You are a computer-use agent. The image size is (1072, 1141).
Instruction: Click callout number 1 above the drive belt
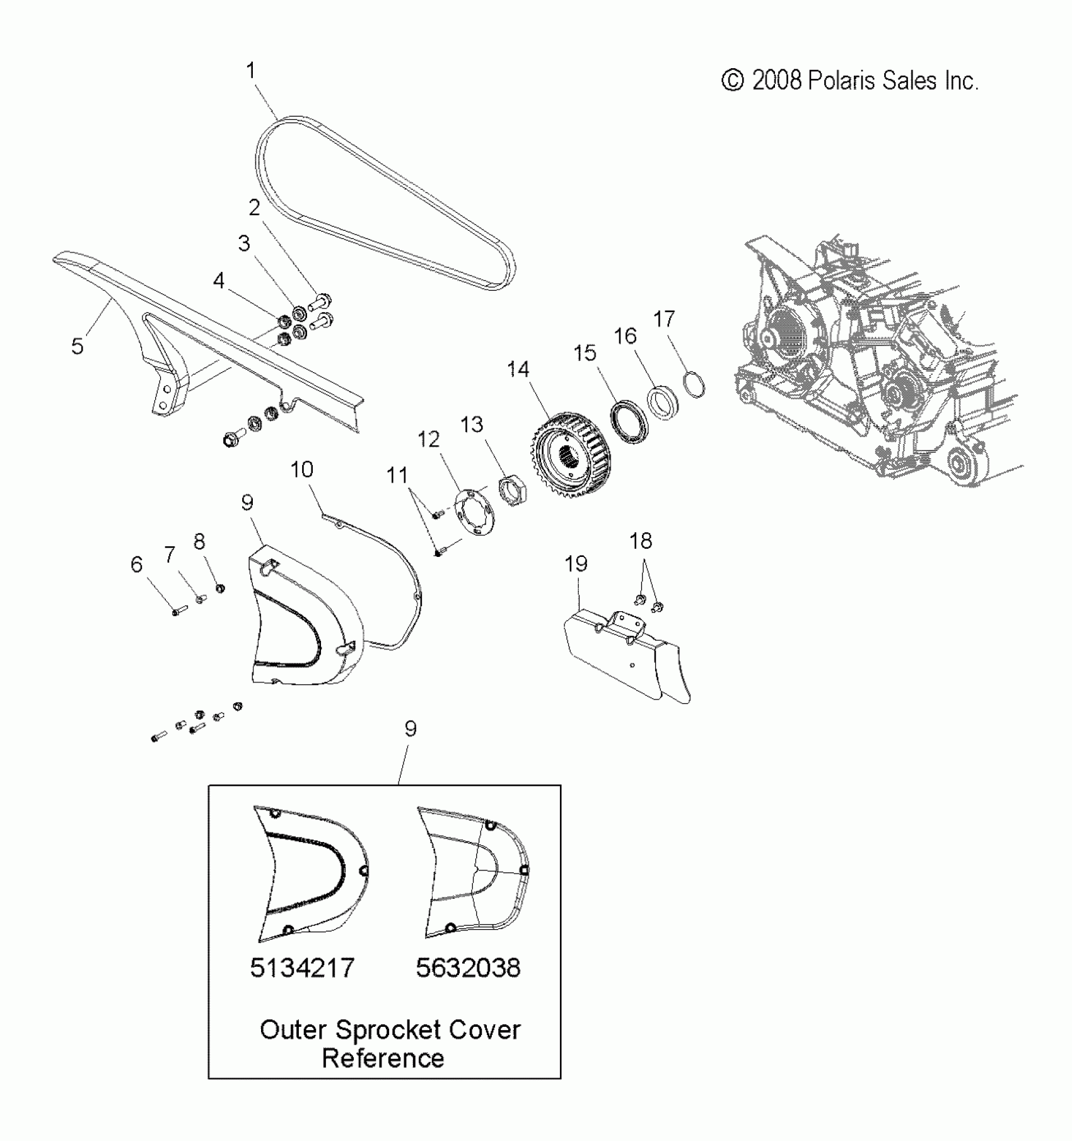pyautogui.click(x=250, y=71)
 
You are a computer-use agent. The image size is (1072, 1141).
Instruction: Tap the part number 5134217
pyautogui.click(x=302, y=967)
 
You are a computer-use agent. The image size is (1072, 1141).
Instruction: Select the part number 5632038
pyautogui.click(x=468, y=967)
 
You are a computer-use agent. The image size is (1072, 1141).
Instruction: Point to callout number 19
pyautogui.click(x=576, y=564)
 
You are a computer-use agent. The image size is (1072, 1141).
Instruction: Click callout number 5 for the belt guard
pyautogui.click(x=77, y=346)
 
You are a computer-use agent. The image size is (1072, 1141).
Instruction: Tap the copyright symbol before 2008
pyautogui.click(x=732, y=81)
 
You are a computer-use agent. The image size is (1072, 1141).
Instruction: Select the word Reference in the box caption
pyautogui.click(x=383, y=1058)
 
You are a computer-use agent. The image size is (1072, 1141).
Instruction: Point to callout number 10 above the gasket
pyautogui.click(x=301, y=469)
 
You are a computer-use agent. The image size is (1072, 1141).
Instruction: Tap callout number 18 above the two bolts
pyautogui.click(x=641, y=541)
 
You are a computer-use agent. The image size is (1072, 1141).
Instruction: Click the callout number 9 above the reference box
pyautogui.click(x=410, y=728)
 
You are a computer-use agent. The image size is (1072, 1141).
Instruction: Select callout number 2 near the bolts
pyautogui.click(x=254, y=208)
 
